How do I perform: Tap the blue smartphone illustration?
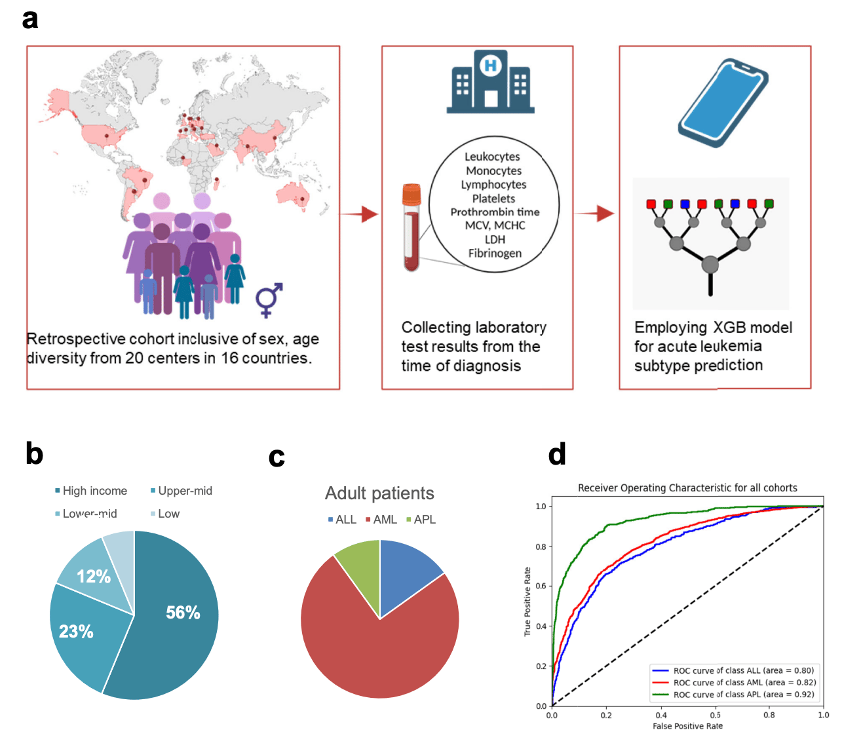coord(722,102)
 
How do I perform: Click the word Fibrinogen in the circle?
coord(495,253)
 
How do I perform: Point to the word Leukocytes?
coord(492,157)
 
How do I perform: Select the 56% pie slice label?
coord(183,613)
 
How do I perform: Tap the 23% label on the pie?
coord(76,632)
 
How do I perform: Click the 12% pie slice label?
coord(94,577)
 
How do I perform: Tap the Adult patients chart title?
coord(379,493)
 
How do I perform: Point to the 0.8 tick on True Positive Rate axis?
coord(541,546)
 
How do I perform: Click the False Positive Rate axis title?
coord(687,726)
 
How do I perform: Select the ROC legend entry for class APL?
coord(743,695)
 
